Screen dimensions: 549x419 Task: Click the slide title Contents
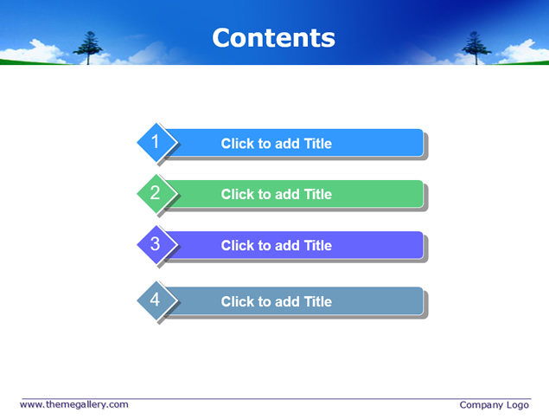273,38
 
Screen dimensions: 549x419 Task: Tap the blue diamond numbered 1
156,142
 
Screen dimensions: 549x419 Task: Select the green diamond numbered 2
156,194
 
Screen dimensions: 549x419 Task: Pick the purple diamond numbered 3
156,245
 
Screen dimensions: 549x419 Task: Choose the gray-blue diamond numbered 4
156,300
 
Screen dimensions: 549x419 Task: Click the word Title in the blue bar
318,144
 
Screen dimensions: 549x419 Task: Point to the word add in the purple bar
287,246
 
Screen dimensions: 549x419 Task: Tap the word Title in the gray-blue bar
318,301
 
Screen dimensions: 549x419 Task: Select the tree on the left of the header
88,48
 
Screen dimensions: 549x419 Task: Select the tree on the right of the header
476,48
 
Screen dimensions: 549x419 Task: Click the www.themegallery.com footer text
74,404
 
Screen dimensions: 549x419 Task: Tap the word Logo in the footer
518,405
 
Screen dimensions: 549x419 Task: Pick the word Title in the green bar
318,194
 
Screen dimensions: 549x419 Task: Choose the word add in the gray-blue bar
287,301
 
